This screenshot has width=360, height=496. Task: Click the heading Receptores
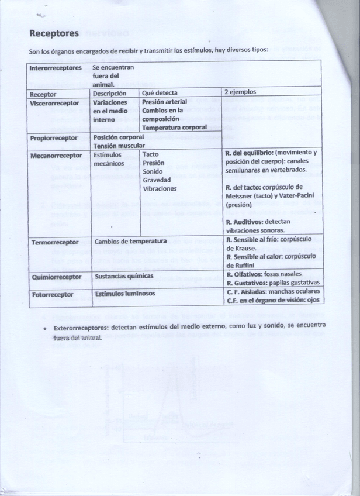click(x=54, y=33)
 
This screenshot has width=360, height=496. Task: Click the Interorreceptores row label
click(x=56, y=68)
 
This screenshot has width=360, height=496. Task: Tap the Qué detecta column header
click(x=160, y=93)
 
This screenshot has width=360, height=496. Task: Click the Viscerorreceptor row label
click(x=54, y=102)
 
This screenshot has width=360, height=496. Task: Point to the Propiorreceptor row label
click(x=54, y=138)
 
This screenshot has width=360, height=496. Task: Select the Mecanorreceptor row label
click(x=56, y=155)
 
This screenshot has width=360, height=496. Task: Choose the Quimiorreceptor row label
click(x=56, y=276)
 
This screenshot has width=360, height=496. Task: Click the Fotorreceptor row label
click(x=53, y=294)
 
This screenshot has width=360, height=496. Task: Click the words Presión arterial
click(x=164, y=102)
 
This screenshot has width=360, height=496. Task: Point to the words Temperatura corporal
click(x=174, y=127)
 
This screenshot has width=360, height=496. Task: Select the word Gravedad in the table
click(x=157, y=180)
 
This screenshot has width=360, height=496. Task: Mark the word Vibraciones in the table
click(x=160, y=189)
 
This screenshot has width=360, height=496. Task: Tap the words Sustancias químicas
click(x=124, y=275)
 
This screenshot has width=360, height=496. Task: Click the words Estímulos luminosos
click(x=125, y=294)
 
